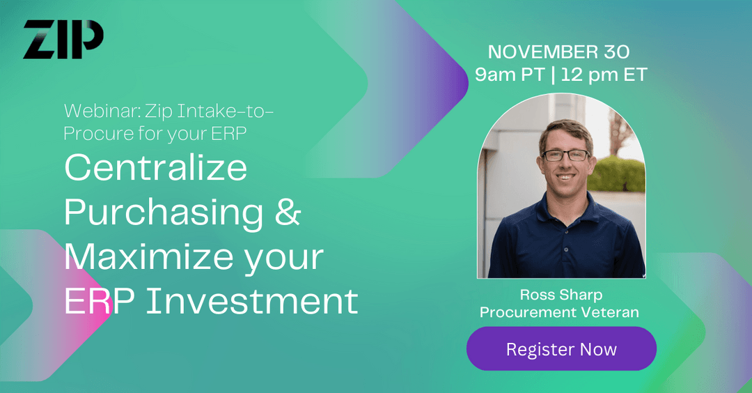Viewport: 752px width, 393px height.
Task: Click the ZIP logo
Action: (63, 40)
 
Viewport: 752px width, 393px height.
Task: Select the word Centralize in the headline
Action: (155, 167)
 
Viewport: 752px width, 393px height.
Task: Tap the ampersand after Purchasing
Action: (288, 213)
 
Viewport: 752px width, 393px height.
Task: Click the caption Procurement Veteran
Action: (559, 312)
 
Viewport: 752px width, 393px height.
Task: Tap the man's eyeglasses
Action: (565, 155)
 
